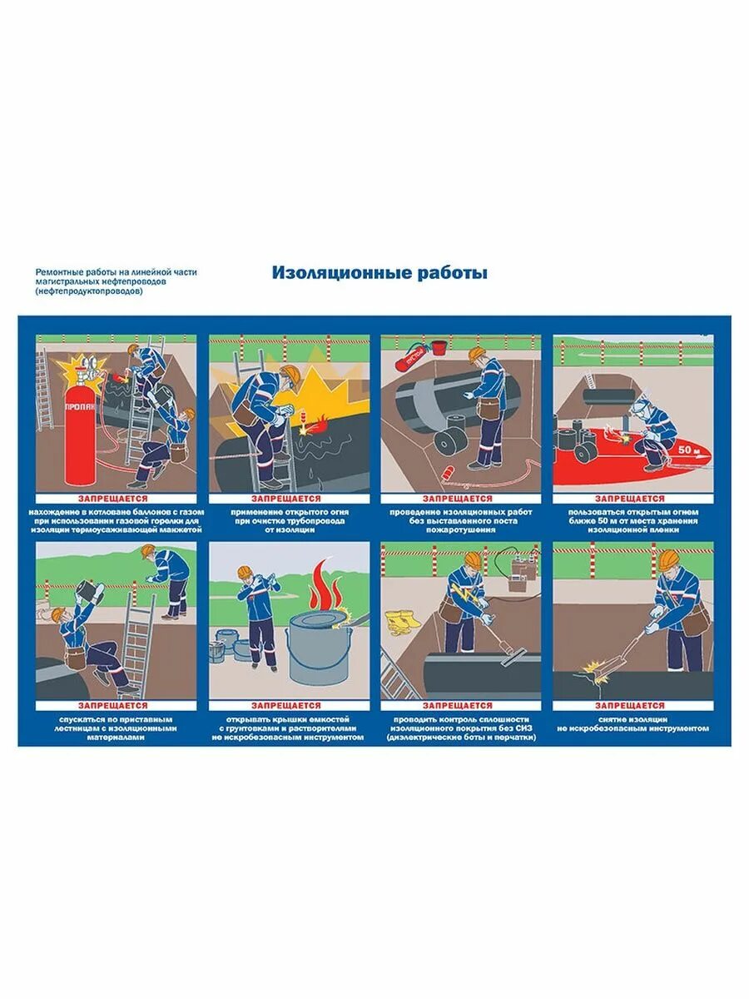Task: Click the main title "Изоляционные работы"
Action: click(x=379, y=273)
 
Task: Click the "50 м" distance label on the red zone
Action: click(x=687, y=450)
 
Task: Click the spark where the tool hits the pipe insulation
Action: click(x=596, y=668)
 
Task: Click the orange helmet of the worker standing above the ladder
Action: click(x=149, y=550)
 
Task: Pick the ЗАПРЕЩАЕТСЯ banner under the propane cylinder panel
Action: click(x=116, y=497)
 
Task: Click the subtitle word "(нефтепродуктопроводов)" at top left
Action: click(x=83, y=291)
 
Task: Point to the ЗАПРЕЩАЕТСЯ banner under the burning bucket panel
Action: click(x=288, y=705)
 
